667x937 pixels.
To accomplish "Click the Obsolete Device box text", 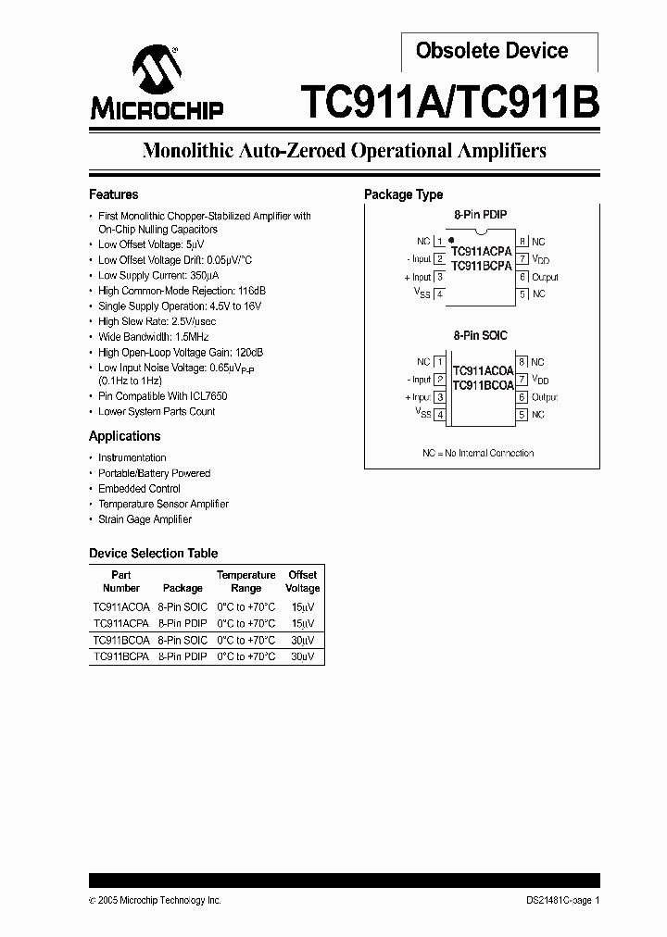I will (492, 51).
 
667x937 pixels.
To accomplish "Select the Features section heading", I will (113, 194).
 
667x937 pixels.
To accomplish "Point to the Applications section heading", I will (124, 436).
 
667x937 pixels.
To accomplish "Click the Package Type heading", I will (403, 194).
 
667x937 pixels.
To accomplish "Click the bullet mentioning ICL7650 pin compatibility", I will (163, 396).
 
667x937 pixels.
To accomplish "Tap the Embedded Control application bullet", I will (139, 489).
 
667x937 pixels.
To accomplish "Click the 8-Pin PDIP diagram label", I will (480, 215).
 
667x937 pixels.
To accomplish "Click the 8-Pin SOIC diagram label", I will (480, 335).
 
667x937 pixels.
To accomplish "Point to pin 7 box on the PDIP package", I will (522, 259).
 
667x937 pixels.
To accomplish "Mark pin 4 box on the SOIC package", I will (439, 415).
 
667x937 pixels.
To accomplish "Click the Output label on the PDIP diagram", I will (545, 277).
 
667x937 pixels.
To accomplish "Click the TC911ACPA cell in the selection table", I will (120, 623).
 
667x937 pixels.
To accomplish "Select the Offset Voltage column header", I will (302, 581).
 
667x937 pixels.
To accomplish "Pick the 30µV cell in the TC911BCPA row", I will (302, 656).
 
